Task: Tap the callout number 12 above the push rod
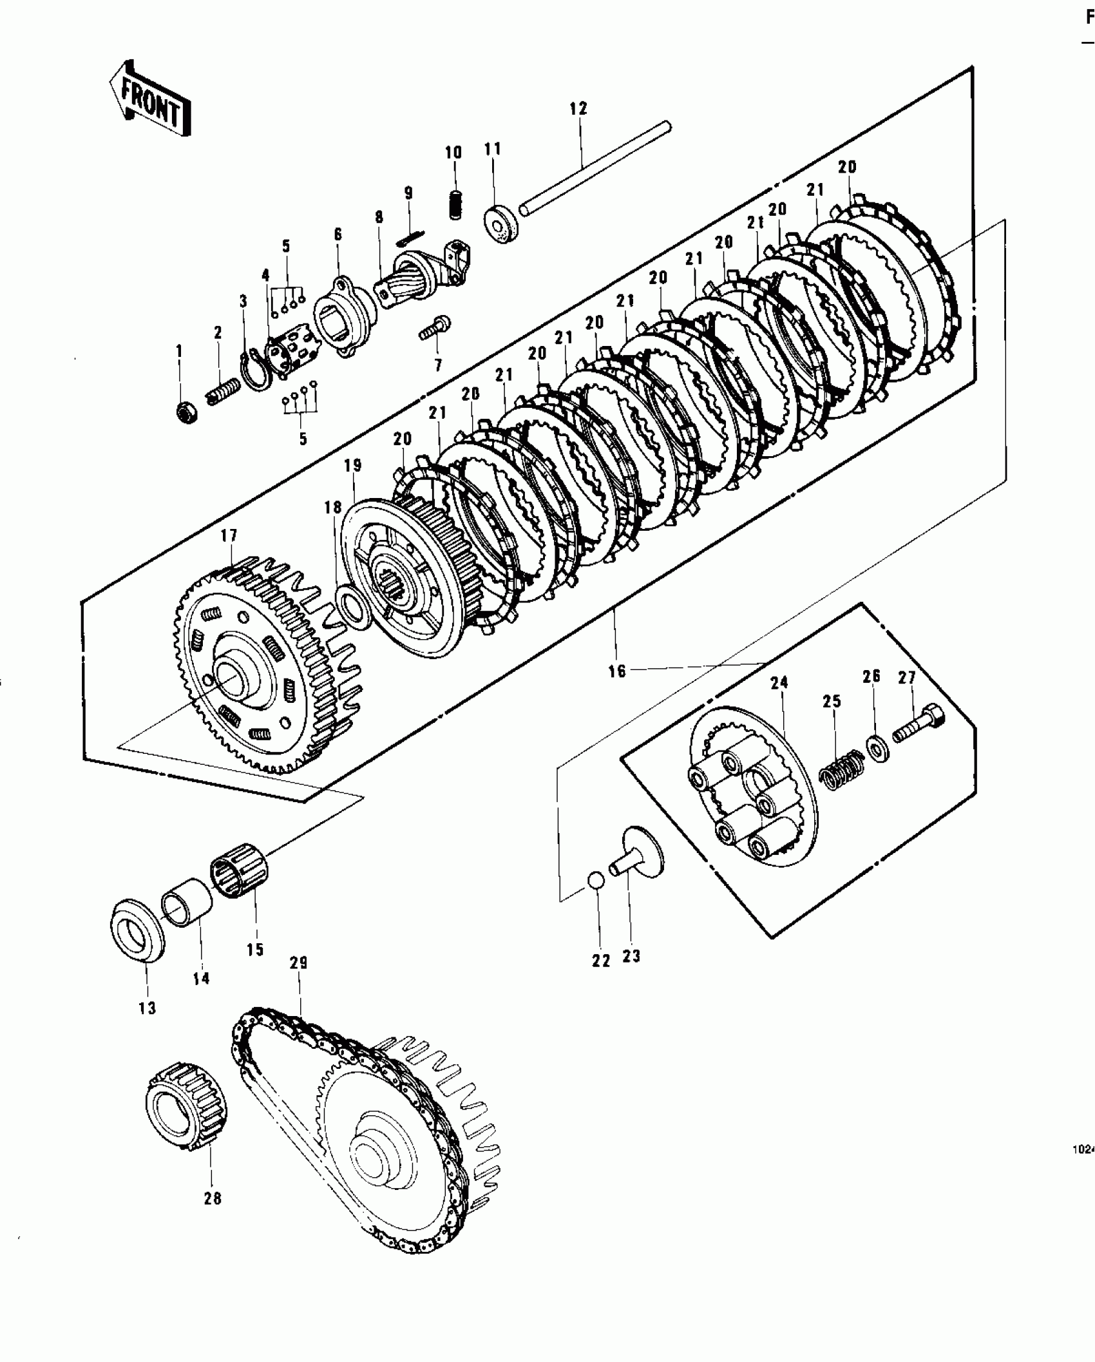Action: [578, 109]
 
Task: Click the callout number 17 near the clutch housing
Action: [229, 535]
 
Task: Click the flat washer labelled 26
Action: [877, 747]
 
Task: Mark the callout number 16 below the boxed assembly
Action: [616, 671]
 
